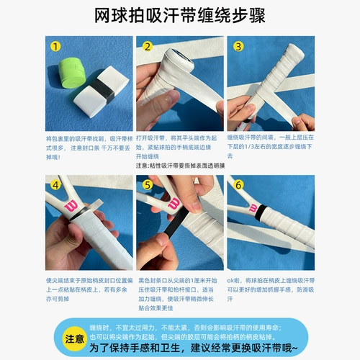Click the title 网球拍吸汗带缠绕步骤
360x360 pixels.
[x=180, y=15]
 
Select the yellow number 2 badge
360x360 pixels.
[x=147, y=48]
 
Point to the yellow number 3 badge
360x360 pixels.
[x=238, y=48]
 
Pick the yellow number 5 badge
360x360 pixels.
[x=147, y=186]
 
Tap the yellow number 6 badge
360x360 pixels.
[x=238, y=186]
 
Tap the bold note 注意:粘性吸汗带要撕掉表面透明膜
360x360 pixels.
[x=180, y=165]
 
